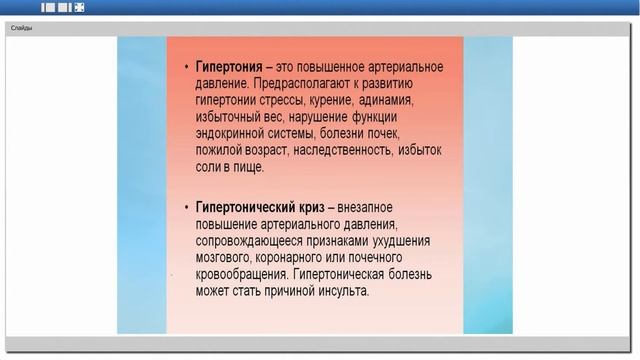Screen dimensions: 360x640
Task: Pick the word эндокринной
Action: point(239,133)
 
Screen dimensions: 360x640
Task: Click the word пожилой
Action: point(221,150)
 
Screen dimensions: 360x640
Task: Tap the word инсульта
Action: point(342,291)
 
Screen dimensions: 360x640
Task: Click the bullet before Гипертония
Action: point(187,67)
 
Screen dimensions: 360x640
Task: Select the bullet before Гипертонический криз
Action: point(187,207)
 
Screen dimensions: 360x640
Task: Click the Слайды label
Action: point(21,28)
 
